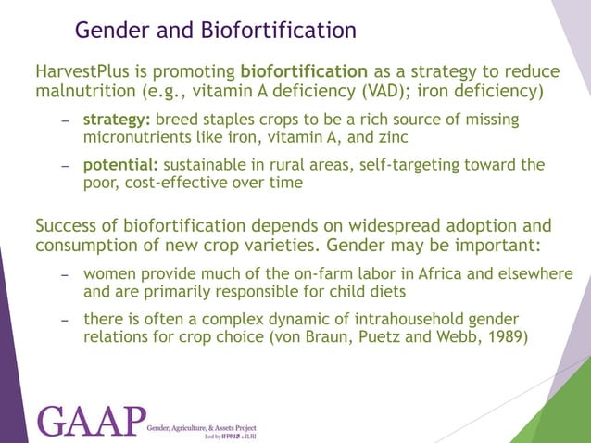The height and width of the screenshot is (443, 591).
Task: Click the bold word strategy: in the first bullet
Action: click(x=118, y=120)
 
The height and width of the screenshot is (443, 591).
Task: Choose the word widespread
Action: click(x=402, y=226)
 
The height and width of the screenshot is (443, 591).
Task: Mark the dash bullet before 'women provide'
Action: click(x=66, y=275)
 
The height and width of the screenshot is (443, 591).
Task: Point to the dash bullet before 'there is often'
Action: click(x=66, y=319)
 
